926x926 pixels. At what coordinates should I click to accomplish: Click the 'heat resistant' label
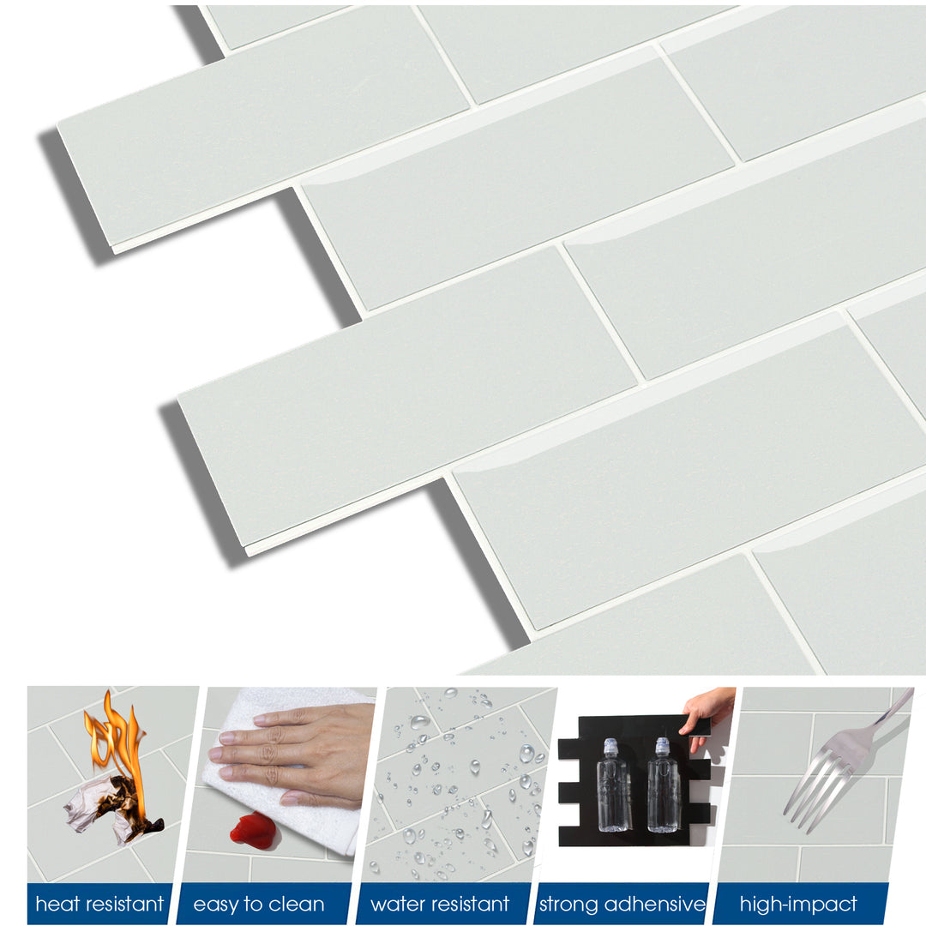pos(99,904)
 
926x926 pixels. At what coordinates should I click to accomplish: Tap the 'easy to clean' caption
pos(259,904)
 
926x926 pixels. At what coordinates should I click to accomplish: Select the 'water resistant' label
pos(439,904)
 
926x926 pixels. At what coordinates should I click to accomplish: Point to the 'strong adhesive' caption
pos(622,904)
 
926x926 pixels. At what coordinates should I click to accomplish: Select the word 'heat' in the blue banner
pos(53,904)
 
